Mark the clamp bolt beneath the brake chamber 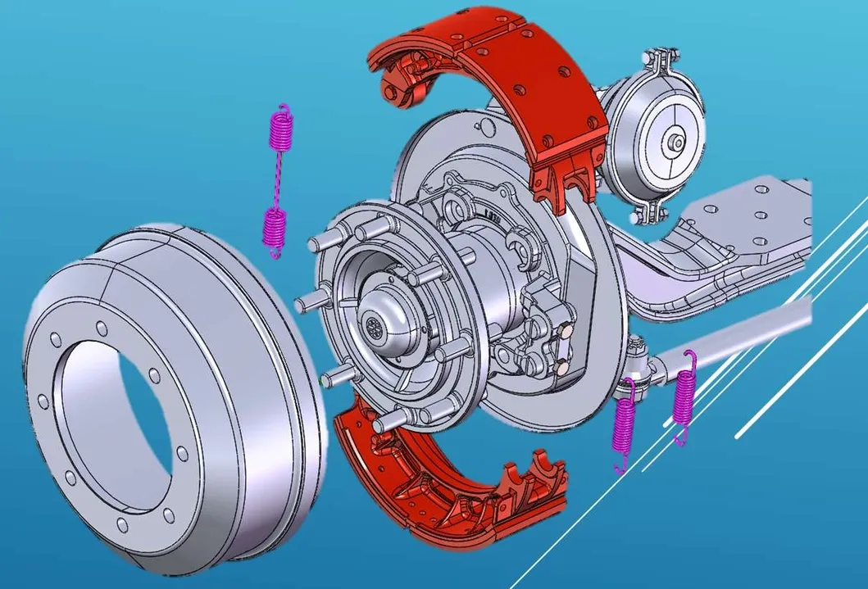pos(643,215)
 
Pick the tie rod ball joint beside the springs pos(639,360)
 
